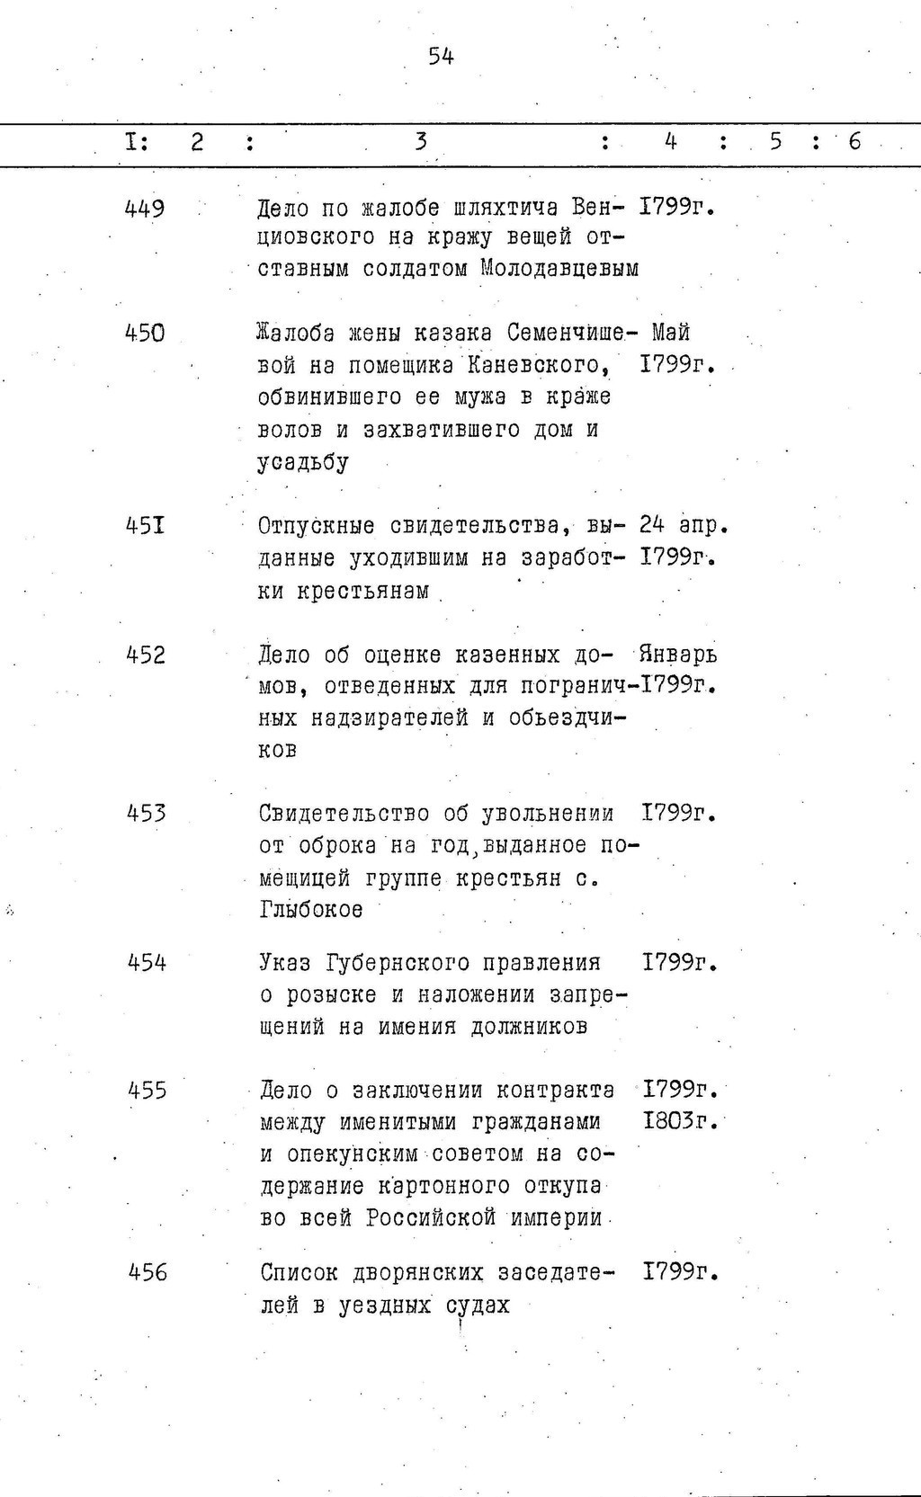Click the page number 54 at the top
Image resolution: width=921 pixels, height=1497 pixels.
click(x=441, y=58)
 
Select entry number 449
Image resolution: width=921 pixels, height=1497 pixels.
click(x=145, y=209)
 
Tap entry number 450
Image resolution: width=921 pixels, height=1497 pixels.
click(x=145, y=334)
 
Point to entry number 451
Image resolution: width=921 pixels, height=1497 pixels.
click(x=145, y=524)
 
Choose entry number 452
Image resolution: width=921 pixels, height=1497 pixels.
click(x=146, y=655)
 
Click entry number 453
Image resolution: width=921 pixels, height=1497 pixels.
click(x=146, y=814)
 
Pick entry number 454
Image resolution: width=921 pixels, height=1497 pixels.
click(x=147, y=963)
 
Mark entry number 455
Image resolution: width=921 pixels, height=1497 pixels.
click(x=147, y=1091)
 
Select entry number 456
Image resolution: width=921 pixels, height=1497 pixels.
click(x=148, y=1273)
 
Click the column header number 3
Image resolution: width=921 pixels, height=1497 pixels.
click(x=420, y=142)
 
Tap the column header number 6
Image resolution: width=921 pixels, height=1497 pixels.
click(x=854, y=142)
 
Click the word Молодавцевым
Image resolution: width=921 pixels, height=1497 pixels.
click(x=559, y=268)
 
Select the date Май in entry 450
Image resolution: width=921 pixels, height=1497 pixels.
click(x=670, y=334)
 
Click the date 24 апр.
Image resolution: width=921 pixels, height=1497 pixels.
click(x=683, y=524)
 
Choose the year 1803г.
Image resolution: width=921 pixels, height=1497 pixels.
click(x=680, y=1122)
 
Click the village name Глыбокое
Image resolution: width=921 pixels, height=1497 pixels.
click(x=311, y=910)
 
